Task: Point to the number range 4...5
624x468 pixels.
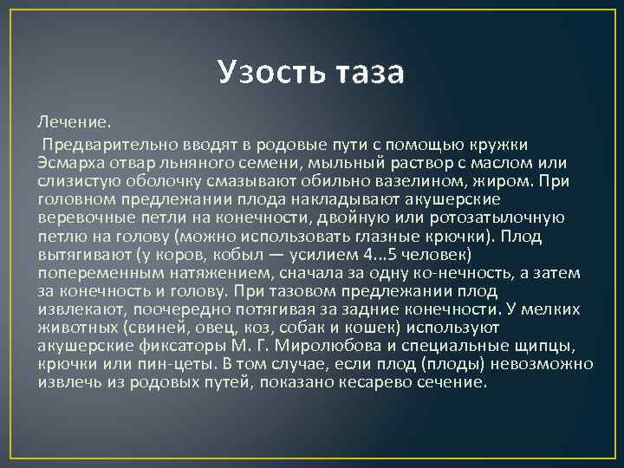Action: pos(367,256)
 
